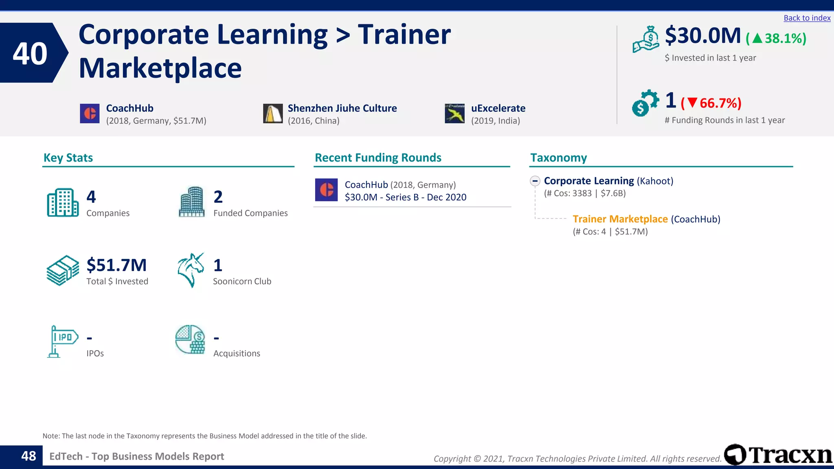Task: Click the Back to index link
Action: [807, 18]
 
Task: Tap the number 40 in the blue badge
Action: [30, 53]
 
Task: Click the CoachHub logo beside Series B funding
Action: [326, 190]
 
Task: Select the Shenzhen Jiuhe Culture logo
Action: [272, 114]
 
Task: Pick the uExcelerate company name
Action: [498, 108]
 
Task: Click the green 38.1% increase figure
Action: [776, 38]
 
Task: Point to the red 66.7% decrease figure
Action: [711, 103]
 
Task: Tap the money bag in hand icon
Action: [646, 39]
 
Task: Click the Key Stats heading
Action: [68, 158]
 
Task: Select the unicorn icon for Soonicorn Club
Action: [191, 270]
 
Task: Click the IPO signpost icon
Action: [62, 341]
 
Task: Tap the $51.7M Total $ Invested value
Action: [116, 265]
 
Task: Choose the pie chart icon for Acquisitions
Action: [190, 340]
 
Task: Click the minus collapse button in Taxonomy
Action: [535, 181]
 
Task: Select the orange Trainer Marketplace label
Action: [620, 219]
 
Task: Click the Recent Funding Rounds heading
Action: [378, 158]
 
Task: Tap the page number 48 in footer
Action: [29, 456]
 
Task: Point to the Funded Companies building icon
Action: [191, 202]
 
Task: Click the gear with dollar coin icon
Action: [645, 103]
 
